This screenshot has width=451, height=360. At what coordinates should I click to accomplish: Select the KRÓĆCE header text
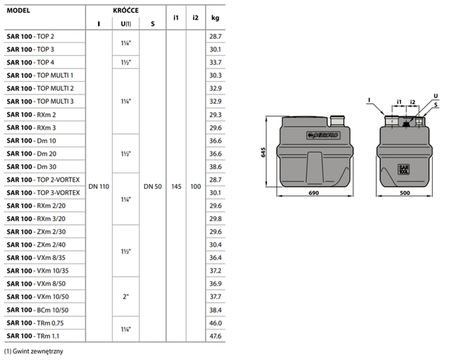pos(125,12)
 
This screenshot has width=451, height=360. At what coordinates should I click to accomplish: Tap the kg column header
pos(215,17)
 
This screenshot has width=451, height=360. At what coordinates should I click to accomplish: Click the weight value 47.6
pos(215,336)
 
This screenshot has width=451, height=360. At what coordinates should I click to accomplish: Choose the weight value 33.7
pos(215,62)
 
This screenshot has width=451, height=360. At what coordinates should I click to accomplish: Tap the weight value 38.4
pos(215,309)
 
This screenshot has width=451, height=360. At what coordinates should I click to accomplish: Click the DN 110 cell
pos(99,186)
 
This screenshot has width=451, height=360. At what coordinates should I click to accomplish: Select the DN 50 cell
pos(153,186)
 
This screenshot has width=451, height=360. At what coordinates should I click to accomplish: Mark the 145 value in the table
pos(175,186)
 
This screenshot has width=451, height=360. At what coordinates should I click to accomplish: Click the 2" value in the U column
pos(126,297)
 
